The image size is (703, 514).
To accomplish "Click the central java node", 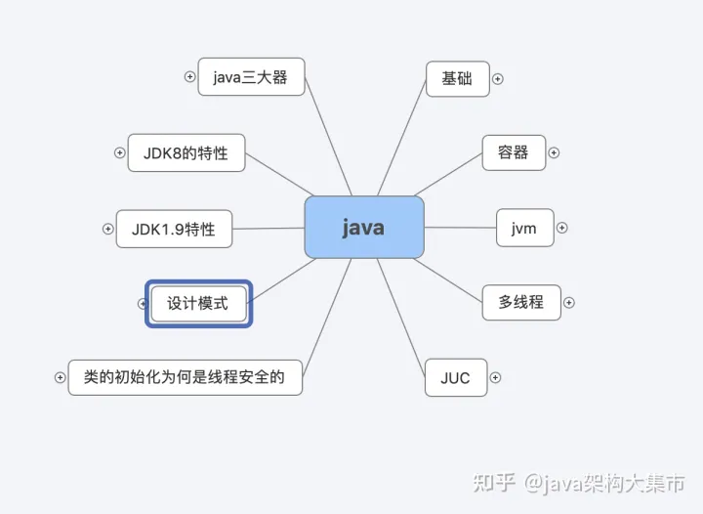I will pyautogui.click(x=363, y=228).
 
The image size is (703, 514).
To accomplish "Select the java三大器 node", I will pyautogui.click(x=251, y=77).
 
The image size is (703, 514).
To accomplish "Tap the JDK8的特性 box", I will pyautogui.click(x=186, y=153).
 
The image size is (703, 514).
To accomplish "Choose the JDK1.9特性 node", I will pyautogui.click(x=173, y=230).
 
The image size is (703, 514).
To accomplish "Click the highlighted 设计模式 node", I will pyautogui.click(x=198, y=304).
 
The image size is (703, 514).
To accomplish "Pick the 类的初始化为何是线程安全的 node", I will pyautogui.click(x=185, y=376).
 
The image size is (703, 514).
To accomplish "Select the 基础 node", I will pyautogui.click(x=457, y=78).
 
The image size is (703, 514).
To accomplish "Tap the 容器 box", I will pyautogui.click(x=514, y=152).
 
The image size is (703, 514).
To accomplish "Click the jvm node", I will pyautogui.click(x=524, y=228).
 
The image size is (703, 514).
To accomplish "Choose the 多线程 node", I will pyautogui.click(x=521, y=302).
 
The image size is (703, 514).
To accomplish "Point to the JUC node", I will pyautogui.click(x=455, y=377).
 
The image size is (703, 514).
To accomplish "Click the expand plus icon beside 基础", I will pyautogui.click(x=497, y=79).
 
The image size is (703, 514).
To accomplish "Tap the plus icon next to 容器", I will pyautogui.click(x=554, y=152).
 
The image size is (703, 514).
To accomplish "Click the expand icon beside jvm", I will pyautogui.click(x=561, y=228).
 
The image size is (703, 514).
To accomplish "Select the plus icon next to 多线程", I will pyautogui.click(x=569, y=302).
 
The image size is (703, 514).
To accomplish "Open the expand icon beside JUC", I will pyautogui.click(x=495, y=377).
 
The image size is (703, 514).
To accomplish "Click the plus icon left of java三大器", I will pyautogui.click(x=190, y=77).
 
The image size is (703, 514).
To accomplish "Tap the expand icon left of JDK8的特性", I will pyautogui.click(x=120, y=153).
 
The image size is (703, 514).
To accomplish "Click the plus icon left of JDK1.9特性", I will pyautogui.click(x=108, y=230).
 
